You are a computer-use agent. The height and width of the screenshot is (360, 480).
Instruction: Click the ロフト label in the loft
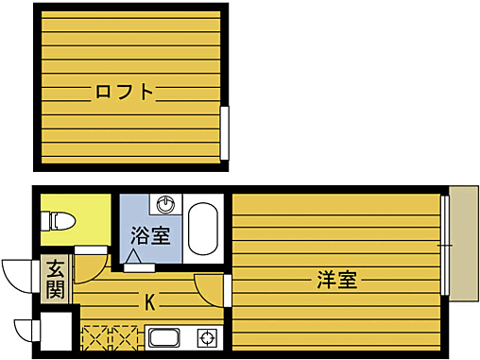(124, 93)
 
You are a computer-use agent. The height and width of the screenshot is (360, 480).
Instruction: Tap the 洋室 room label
(336, 280)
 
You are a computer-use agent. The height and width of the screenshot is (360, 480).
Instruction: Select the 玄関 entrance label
(56, 279)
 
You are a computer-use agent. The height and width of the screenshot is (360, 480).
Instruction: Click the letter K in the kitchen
(150, 302)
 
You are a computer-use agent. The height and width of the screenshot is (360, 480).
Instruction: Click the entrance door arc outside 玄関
(17, 274)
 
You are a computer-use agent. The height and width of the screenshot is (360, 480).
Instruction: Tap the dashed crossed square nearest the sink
(127, 337)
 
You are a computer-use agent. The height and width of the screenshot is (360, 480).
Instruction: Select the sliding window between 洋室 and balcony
(443, 245)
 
